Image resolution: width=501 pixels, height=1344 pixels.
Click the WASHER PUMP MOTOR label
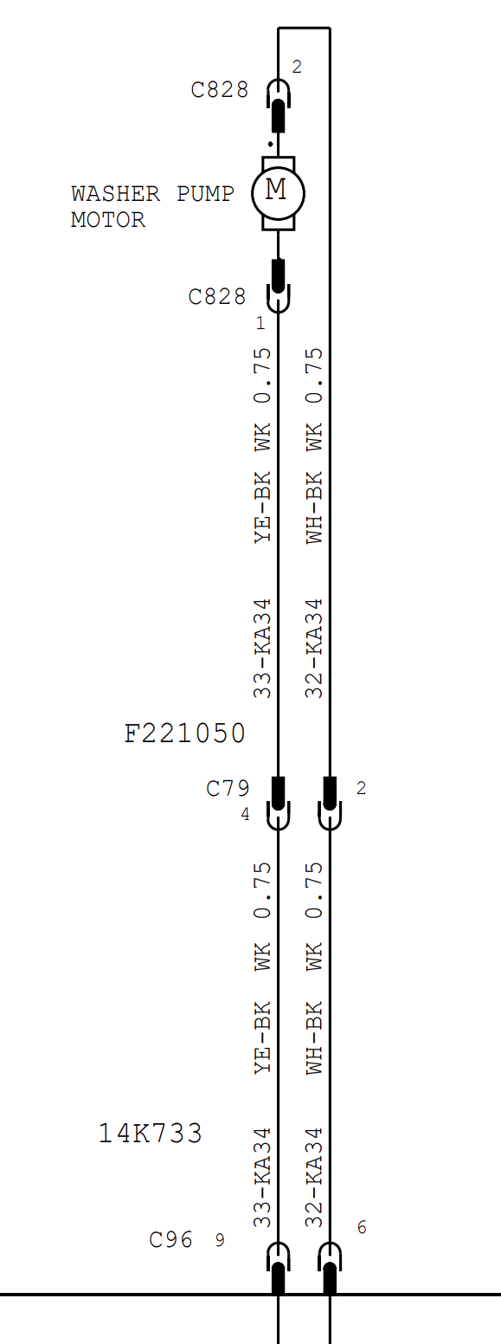152,206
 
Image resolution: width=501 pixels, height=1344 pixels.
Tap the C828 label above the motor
219,90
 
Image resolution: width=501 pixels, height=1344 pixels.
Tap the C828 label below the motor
217,296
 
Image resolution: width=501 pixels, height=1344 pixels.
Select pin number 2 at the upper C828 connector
297,67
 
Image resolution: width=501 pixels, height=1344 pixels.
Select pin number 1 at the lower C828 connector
260,323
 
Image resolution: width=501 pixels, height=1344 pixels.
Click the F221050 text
184,733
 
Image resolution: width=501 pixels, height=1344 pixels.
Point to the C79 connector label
228,788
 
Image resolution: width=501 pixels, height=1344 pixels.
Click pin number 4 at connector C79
245,814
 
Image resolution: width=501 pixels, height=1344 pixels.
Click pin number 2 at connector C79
361,788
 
